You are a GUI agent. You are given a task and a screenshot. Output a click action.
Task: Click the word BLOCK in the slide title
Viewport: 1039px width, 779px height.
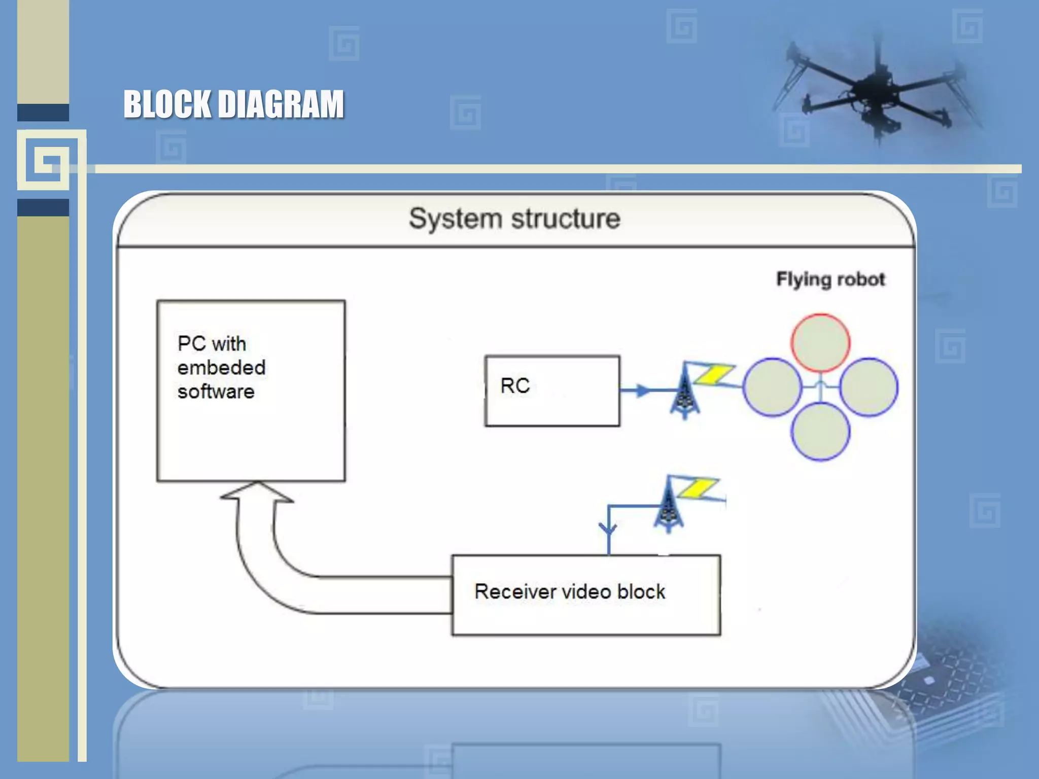[x=167, y=104]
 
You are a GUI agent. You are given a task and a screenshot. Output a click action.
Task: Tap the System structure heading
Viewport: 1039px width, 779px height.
[x=514, y=219]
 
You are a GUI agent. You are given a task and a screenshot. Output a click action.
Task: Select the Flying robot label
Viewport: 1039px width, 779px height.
[x=830, y=279]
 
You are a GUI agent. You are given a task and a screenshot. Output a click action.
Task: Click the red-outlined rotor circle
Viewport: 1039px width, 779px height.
[x=820, y=343]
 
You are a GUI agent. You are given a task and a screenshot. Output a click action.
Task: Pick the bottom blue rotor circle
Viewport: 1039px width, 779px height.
[x=820, y=431]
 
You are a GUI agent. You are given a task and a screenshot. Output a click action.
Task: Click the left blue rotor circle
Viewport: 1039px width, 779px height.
[x=772, y=387]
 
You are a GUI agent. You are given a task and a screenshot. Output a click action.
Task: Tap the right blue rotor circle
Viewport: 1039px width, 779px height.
[x=869, y=387]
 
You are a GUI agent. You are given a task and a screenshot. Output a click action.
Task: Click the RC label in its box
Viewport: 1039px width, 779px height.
[x=515, y=386]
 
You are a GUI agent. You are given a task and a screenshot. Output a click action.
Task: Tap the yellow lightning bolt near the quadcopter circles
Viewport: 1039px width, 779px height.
[x=714, y=374]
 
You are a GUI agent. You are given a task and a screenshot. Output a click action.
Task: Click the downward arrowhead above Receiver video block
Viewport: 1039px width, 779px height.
[x=608, y=529]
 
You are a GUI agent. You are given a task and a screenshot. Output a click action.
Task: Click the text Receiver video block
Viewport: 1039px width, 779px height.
[x=569, y=592]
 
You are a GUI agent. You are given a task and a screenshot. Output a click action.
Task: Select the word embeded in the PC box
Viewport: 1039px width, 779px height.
[x=221, y=368]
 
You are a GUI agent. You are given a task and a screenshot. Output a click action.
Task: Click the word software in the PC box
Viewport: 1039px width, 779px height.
[x=216, y=392]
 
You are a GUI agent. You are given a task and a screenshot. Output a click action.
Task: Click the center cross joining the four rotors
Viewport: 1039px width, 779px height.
[x=820, y=387]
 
